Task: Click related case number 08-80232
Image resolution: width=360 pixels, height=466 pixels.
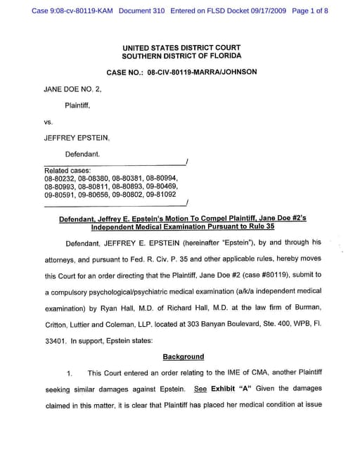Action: coord(59,179)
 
